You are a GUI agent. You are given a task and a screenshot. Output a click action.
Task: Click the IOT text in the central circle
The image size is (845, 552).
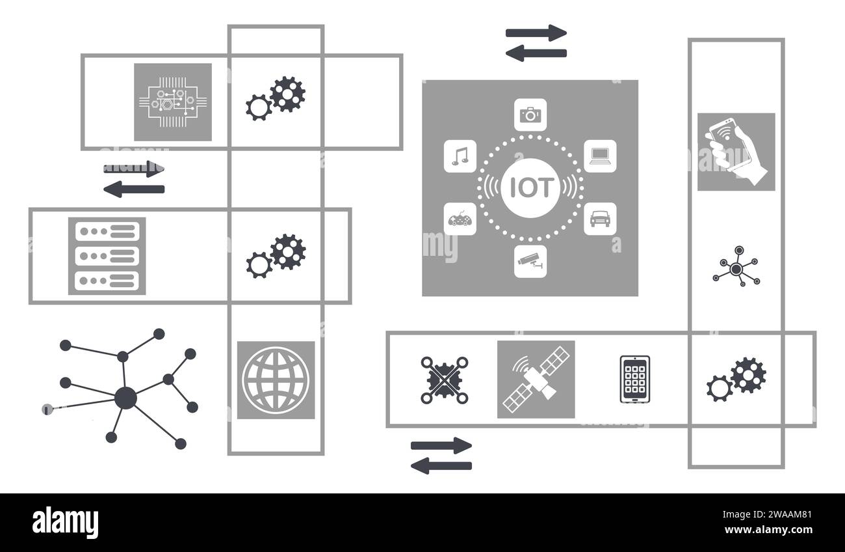(x=530, y=187)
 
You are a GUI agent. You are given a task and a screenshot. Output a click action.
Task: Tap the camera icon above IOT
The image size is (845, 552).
(x=530, y=115)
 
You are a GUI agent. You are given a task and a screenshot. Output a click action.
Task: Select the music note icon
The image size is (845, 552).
(x=460, y=156)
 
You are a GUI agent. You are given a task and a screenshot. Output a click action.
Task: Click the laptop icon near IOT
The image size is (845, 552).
(x=599, y=156)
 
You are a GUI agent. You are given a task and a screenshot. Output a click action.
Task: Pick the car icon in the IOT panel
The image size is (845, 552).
(x=599, y=219)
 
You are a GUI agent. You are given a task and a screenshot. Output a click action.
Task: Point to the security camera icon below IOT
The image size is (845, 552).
(x=530, y=261)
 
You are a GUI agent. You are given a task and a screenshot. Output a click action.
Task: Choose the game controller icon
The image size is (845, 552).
(x=460, y=219)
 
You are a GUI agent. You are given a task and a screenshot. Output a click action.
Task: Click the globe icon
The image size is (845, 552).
(x=276, y=379)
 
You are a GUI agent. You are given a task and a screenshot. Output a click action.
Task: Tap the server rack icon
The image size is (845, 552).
(x=107, y=256)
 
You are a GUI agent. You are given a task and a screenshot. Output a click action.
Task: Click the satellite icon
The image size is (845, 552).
(x=536, y=379)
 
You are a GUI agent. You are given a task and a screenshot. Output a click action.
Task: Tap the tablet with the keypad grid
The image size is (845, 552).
(x=634, y=379)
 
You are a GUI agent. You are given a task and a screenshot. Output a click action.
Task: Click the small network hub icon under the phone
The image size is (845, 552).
(x=736, y=268)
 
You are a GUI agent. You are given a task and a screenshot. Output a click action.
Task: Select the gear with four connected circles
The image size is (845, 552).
(x=445, y=379)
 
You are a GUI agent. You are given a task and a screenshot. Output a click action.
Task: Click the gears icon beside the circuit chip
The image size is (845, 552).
(x=276, y=98)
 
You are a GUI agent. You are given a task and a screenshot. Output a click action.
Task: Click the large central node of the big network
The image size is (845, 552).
(x=125, y=397)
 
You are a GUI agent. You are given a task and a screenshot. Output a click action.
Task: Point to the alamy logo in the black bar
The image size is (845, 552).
(x=65, y=523)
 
